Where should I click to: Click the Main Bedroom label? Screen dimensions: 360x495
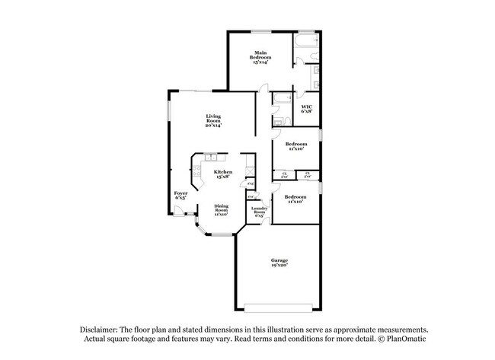(261, 55)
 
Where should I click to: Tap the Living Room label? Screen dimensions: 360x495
(213, 118)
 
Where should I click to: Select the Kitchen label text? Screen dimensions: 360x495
(222, 174)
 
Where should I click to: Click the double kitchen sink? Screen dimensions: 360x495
(211, 158)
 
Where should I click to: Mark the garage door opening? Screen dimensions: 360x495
(278, 307)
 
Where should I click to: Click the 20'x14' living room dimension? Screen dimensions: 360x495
(213, 125)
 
